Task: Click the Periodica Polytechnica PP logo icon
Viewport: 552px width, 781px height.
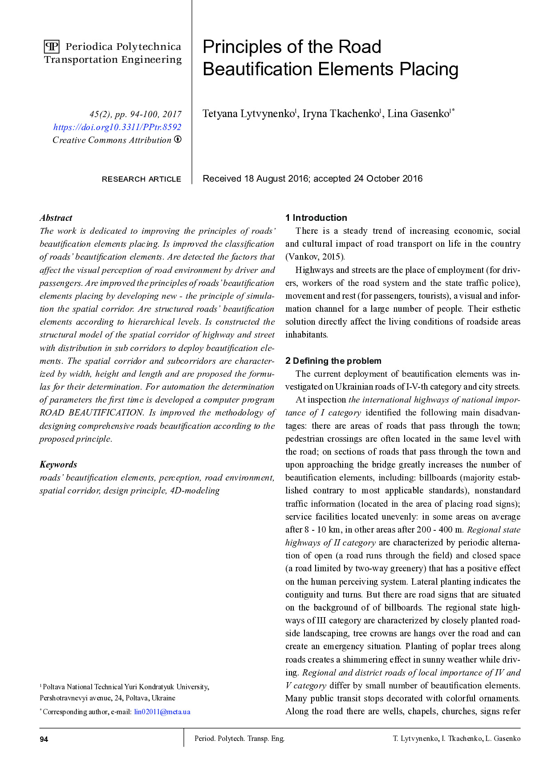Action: (52, 47)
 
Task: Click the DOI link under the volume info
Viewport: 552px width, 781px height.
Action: (117, 127)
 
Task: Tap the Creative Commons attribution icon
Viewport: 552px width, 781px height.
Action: (178, 139)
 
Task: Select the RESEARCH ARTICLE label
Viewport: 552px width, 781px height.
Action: (141, 179)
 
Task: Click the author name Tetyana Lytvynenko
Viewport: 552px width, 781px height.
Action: (248, 114)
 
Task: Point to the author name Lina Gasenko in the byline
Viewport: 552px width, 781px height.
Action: (418, 114)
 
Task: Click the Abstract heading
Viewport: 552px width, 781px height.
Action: (56, 218)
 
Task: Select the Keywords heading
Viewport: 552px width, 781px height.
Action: (58, 464)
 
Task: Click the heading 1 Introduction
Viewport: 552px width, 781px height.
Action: (316, 218)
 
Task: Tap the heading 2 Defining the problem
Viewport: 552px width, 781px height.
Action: (333, 361)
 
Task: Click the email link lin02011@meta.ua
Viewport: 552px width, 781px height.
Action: (162, 712)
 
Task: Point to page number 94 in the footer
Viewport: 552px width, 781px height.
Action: (44, 739)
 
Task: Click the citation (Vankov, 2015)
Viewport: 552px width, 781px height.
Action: (315, 256)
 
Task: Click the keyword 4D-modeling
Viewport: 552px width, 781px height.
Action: (195, 491)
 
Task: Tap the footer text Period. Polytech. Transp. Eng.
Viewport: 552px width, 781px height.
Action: (239, 738)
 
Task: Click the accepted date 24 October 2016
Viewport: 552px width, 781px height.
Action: (388, 179)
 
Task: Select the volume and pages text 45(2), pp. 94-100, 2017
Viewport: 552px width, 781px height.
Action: (135, 114)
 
